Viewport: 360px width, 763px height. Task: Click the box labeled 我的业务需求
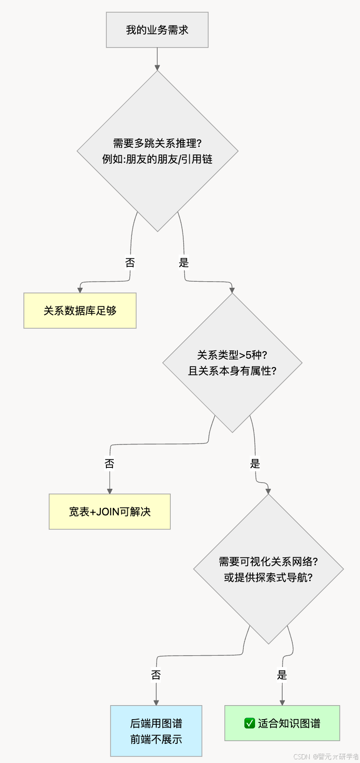click(x=157, y=30)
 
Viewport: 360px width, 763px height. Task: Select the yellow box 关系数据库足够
click(x=80, y=311)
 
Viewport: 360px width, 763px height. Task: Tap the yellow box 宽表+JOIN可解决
click(x=110, y=512)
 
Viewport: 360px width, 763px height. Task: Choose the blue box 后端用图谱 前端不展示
click(x=156, y=731)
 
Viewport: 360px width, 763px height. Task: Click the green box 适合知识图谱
click(x=282, y=723)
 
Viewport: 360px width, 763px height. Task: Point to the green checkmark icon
click(x=249, y=723)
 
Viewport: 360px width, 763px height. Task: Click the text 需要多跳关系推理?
click(x=157, y=143)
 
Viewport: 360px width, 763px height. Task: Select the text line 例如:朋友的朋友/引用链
click(x=157, y=159)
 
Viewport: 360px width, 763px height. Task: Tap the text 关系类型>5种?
click(x=232, y=355)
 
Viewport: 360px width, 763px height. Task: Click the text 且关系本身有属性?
click(x=232, y=371)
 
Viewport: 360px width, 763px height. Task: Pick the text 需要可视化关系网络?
click(x=268, y=562)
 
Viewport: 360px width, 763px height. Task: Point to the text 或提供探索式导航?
click(x=268, y=577)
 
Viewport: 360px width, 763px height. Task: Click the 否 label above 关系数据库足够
click(x=130, y=263)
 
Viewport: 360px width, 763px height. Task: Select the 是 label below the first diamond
click(x=184, y=263)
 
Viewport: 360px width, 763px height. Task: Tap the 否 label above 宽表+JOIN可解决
click(x=110, y=464)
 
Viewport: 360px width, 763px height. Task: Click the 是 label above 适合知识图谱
click(x=282, y=675)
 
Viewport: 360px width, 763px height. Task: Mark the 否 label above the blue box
click(x=156, y=675)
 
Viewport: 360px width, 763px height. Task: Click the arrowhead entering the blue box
click(x=156, y=702)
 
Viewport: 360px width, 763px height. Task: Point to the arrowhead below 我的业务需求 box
click(x=157, y=68)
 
